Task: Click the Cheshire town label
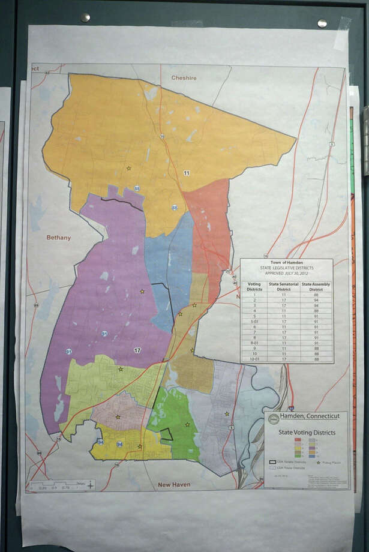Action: coord(184,78)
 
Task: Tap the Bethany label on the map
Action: coord(59,238)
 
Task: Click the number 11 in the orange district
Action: coord(187,173)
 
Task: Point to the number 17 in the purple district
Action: coord(137,350)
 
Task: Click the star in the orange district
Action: coord(128,169)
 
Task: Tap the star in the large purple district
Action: coord(142,292)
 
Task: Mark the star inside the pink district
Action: coord(118,416)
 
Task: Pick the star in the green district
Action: coord(187,425)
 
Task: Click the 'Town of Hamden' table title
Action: coord(286,263)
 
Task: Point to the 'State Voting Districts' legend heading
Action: coord(306,432)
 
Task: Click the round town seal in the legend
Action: coord(274,418)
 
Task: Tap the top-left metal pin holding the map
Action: coord(85,17)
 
